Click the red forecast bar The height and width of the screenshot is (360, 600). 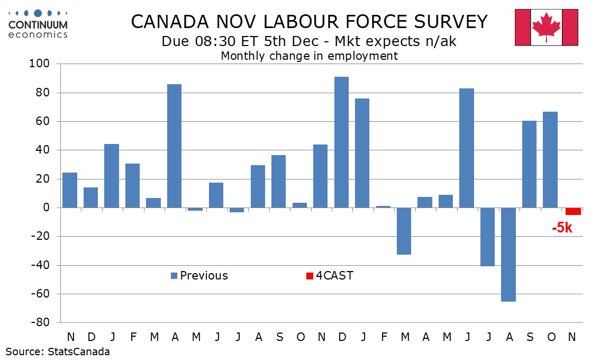pos(573,211)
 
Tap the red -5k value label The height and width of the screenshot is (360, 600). pos(562,229)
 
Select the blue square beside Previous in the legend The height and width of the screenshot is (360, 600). pos(174,276)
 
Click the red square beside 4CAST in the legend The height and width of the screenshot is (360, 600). pos(310,276)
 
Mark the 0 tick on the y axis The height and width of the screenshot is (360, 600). pos(46,208)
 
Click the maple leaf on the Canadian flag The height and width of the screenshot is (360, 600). pos(547,26)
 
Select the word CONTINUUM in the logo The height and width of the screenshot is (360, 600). pos(38,25)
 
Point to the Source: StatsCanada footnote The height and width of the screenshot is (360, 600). pos(58,352)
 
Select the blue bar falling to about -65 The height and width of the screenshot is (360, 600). pos(508,254)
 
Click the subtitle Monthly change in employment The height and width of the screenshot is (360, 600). pos(309,56)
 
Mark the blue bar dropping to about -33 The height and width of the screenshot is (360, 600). pos(404,231)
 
